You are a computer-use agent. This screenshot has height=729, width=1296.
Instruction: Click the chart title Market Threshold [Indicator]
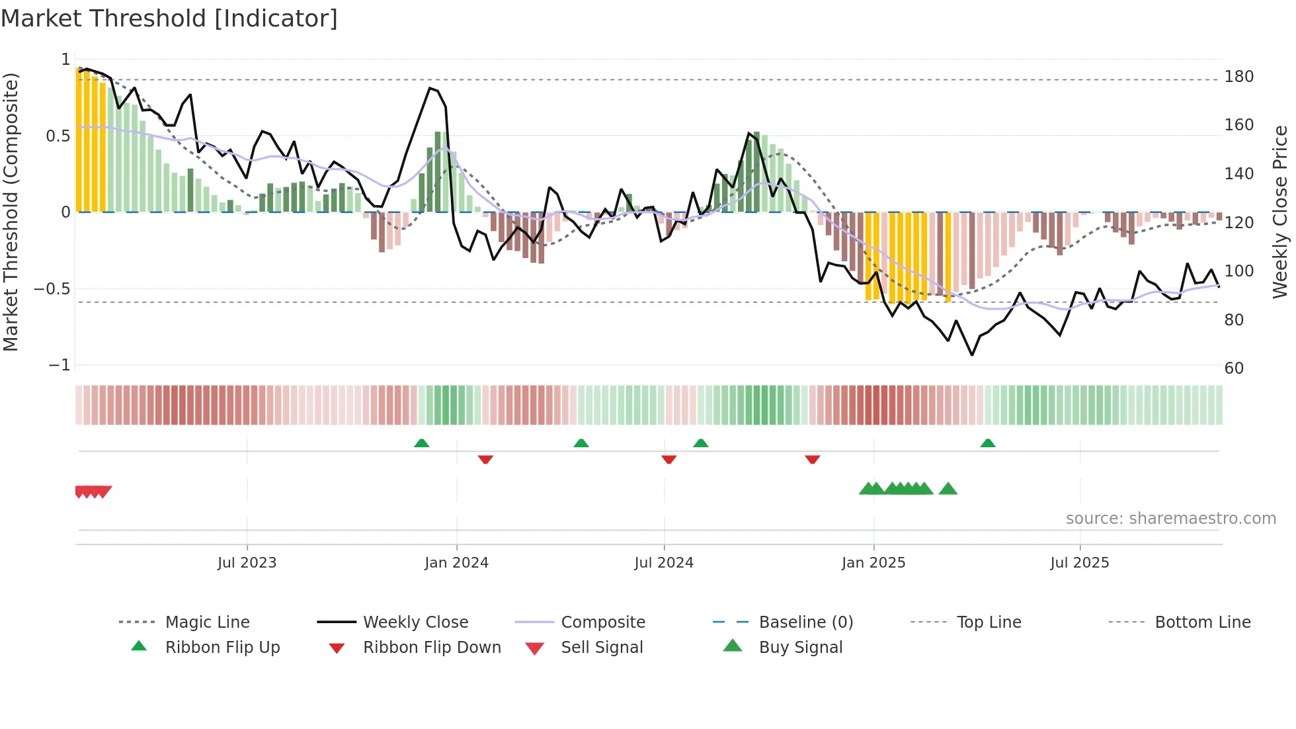[169, 19]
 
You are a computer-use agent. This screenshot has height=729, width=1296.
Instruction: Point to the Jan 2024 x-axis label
[456, 562]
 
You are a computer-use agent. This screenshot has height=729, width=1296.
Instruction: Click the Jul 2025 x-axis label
[1079, 562]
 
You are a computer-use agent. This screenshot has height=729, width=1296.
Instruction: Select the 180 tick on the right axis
[1238, 77]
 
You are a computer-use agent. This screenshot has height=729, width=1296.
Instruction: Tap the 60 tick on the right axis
[1234, 368]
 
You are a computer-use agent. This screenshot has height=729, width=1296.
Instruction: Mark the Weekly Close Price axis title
[1280, 212]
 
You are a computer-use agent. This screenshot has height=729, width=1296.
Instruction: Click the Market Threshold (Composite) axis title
[11, 212]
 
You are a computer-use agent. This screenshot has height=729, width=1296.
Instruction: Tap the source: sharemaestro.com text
[1170, 518]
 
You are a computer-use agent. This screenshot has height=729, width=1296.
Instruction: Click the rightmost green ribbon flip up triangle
[987, 443]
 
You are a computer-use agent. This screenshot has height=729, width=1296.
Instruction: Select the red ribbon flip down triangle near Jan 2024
[485, 459]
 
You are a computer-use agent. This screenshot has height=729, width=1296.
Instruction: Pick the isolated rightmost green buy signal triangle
[948, 489]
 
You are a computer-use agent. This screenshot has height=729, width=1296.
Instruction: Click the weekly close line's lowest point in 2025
[972, 355]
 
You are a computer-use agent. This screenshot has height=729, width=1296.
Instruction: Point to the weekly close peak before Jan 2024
[430, 88]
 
